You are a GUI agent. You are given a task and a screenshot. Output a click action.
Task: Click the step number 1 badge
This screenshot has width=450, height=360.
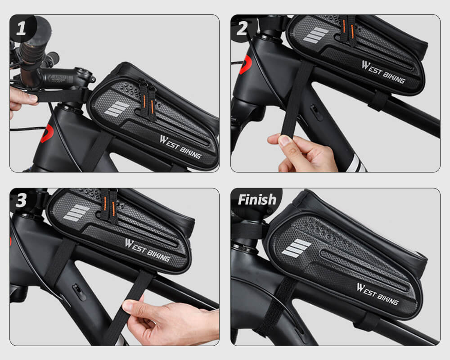[21, 28]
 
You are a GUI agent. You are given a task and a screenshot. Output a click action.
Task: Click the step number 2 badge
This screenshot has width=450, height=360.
[242, 28]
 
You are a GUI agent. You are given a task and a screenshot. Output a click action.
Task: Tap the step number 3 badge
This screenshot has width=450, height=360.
[21, 200]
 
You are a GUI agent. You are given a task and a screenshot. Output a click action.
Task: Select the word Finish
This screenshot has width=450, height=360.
[257, 199]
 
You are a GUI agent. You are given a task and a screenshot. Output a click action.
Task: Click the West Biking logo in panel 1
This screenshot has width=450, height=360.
[180, 147]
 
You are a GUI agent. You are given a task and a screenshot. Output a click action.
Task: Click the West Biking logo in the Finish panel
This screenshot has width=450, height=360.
[378, 294]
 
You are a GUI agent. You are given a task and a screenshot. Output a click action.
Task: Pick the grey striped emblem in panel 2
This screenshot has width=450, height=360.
[316, 35]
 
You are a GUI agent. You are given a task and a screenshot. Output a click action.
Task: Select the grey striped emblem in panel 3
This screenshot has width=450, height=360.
[76, 213]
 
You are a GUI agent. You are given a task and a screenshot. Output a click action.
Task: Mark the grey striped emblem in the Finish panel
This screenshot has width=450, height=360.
[297, 248]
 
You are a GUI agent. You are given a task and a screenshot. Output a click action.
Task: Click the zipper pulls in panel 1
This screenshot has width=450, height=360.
[147, 99]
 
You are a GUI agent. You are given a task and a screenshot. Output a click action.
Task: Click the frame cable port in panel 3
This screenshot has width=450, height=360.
[79, 292]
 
